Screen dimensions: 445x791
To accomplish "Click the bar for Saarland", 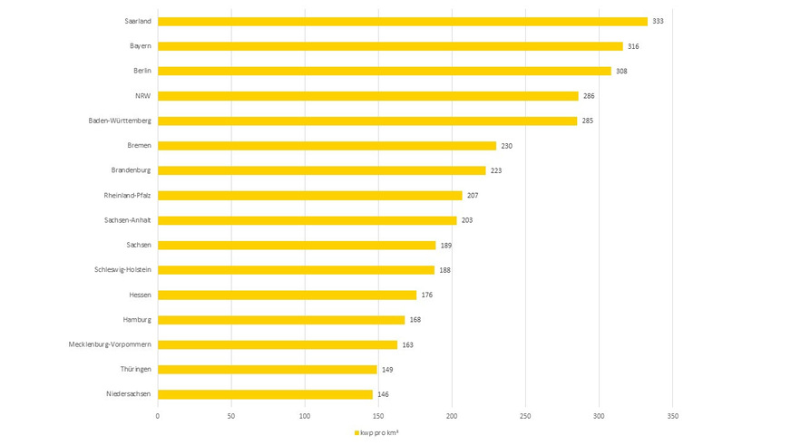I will pyautogui.click(x=402, y=21).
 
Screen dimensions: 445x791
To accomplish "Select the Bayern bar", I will pyautogui.click(x=390, y=46).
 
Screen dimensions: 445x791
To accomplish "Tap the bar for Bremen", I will pyautogui.click(x=327, y=146).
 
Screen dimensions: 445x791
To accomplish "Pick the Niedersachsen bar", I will pyautogui.click(x=265, y=394).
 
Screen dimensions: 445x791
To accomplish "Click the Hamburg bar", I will pyautogui.click(x=281, y=320).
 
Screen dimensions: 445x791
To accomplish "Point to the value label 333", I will pyautogui.click(x=659, y=21).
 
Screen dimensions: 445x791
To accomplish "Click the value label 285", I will pyautogui.click(x=589, y=121).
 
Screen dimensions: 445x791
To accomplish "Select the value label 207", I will pyautogui.click(x=474, y=196).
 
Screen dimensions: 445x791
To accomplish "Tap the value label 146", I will pyautogui.click(x=383, y=394).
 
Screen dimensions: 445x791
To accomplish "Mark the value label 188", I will pyautogui.click(x=444, y=270).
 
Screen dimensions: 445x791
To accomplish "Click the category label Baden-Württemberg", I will pyautogui.click(x=120, y=121).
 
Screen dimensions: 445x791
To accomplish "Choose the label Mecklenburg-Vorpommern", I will pyautogui.click(x=110, y=344).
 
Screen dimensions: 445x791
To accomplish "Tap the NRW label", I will pyautogui.click(x=142, y=96).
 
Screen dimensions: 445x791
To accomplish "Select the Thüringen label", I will pyautogui.click(x=134, y=370).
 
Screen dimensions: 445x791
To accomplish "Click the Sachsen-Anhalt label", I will pyautogui.click(x=128, y=220).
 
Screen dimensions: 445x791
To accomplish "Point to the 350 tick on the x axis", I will pyautogui.click(x=672, y=416).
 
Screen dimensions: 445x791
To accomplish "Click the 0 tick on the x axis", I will pyautogui.click(x=158, y=416).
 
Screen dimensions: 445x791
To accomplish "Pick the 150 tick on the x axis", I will pyautogui.click(x=378, y=416).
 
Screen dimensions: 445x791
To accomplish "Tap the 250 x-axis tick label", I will pyautogui.click(x=525, y=416).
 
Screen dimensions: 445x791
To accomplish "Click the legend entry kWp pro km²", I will pyautogui.click(x=378, y=433).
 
